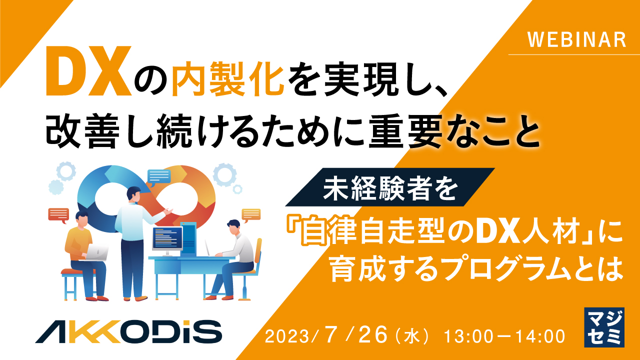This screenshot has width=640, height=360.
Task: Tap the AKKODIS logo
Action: tap(128, 331)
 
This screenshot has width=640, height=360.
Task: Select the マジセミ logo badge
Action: tap(604, 327)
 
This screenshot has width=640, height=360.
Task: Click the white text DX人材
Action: tap(518, 233)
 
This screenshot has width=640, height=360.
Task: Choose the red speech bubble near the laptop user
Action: tap(58, 214)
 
